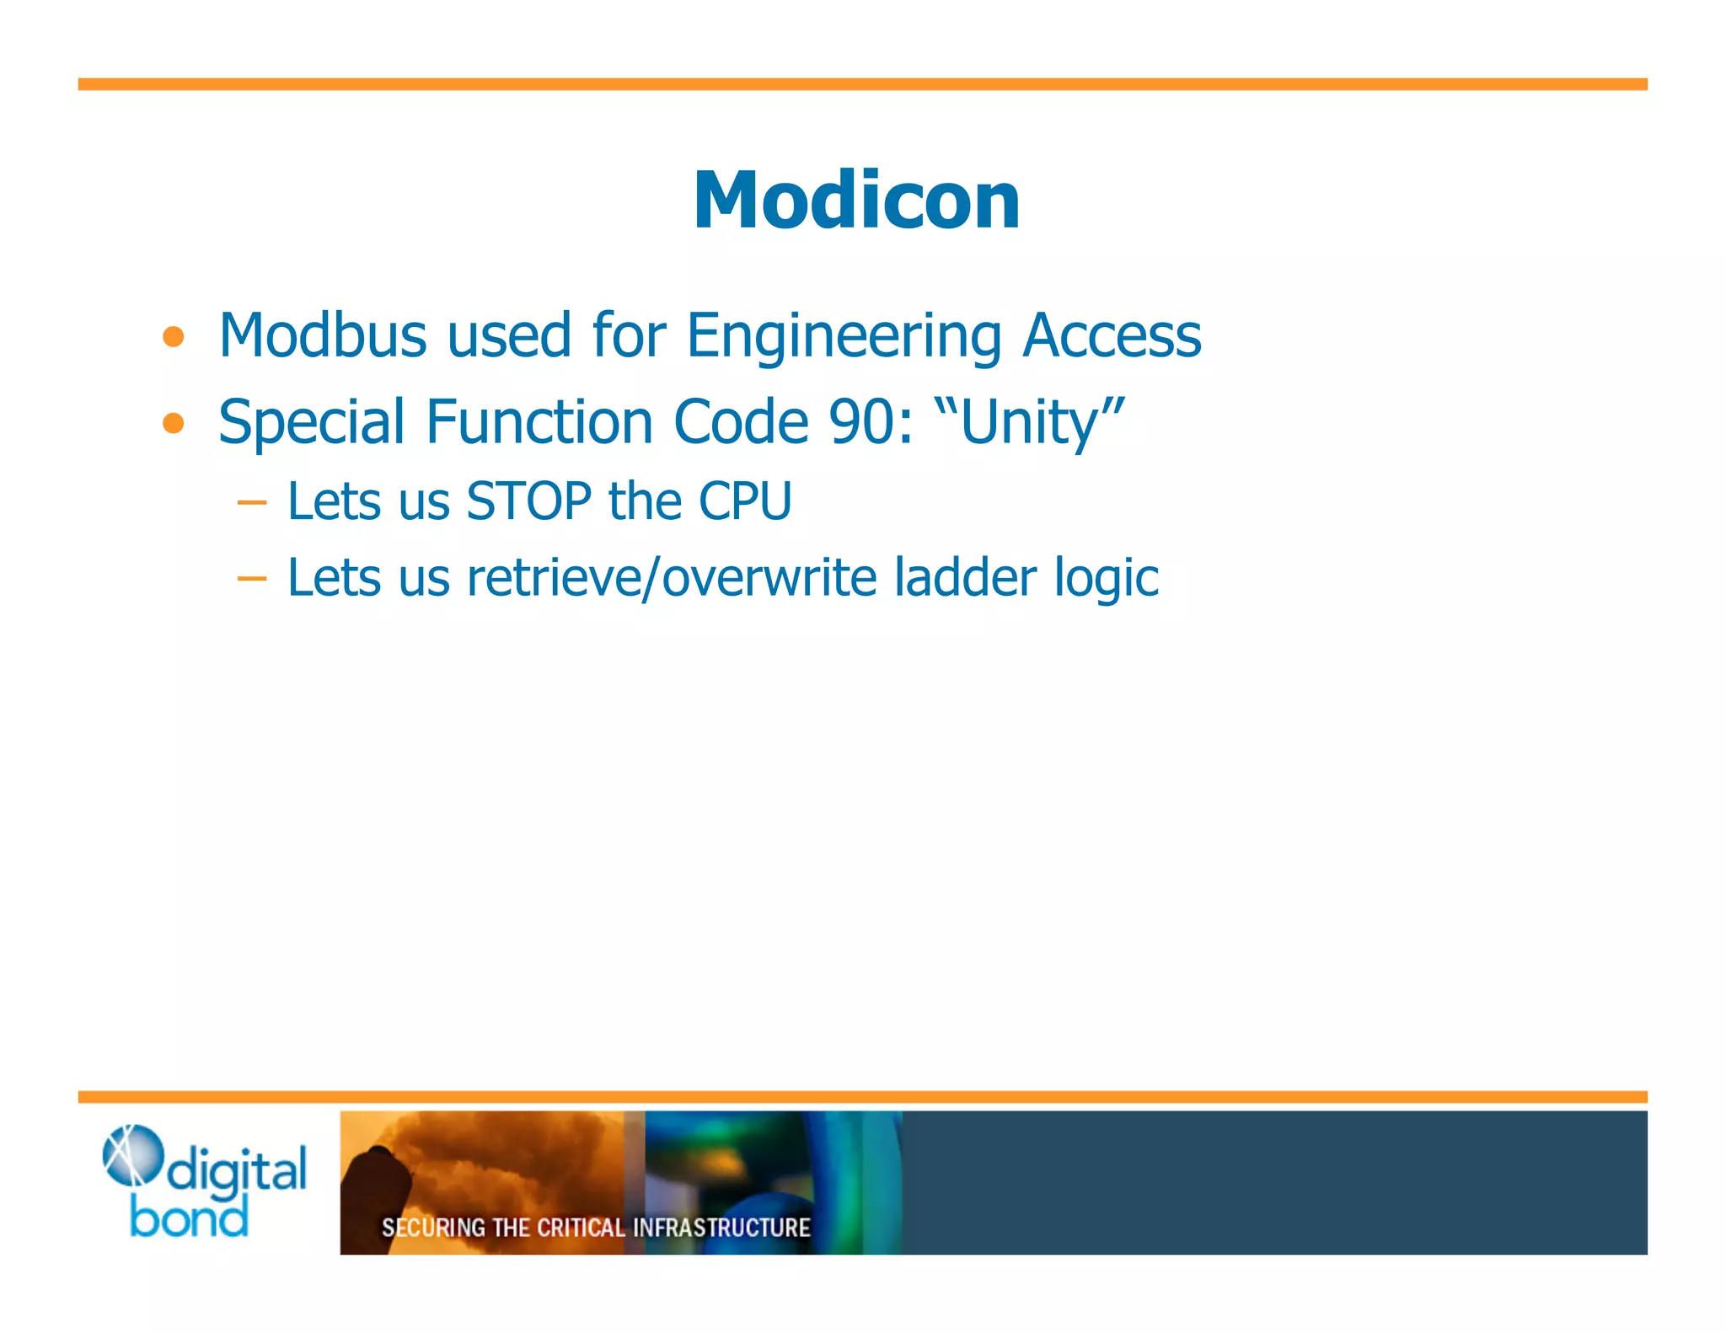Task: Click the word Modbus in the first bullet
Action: (323, 335)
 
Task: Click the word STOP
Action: (528, 501)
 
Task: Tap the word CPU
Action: (745, 501)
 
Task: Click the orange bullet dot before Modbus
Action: (174, 337)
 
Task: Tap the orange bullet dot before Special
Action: (174, 422)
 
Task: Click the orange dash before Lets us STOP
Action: (252, 503)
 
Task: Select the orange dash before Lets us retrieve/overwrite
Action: (252, 579)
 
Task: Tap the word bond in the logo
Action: (189, 1218)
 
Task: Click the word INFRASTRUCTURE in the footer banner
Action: (721, 1228)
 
